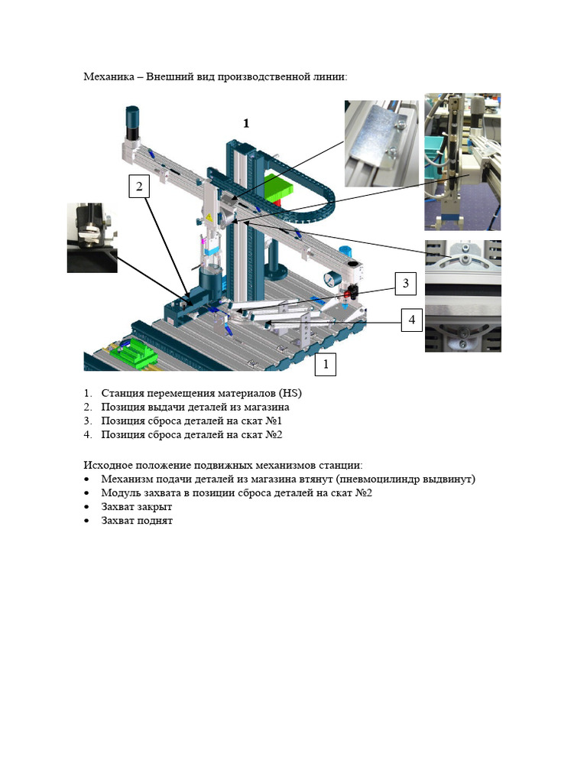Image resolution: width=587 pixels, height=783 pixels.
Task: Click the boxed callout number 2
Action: pyautogui.click(x=138, y=186)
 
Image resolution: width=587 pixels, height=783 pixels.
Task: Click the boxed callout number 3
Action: pyautogui.click(x=406, y=284)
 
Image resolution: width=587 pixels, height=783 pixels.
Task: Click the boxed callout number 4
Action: pyautogui.click(x=412, y=320)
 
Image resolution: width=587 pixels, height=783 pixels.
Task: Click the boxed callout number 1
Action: pyautogui.click(x=326, y=365)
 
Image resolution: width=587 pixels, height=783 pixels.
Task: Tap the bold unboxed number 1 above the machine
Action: pyautogui.click(x=246, y=123)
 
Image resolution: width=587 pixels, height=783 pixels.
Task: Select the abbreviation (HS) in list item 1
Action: pyautogui.click(x=290, y=393)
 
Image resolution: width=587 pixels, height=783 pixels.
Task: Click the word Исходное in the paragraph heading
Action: pyautogui.click(x=107, y=465)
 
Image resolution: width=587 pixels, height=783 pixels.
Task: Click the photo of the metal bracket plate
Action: pyautogui.click(x=381, y=143)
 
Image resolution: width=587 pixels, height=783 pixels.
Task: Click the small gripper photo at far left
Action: pyautogui.click(x=92, y=237)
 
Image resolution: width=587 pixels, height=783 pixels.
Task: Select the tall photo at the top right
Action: pyautogui.click(x=462, y=161)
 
